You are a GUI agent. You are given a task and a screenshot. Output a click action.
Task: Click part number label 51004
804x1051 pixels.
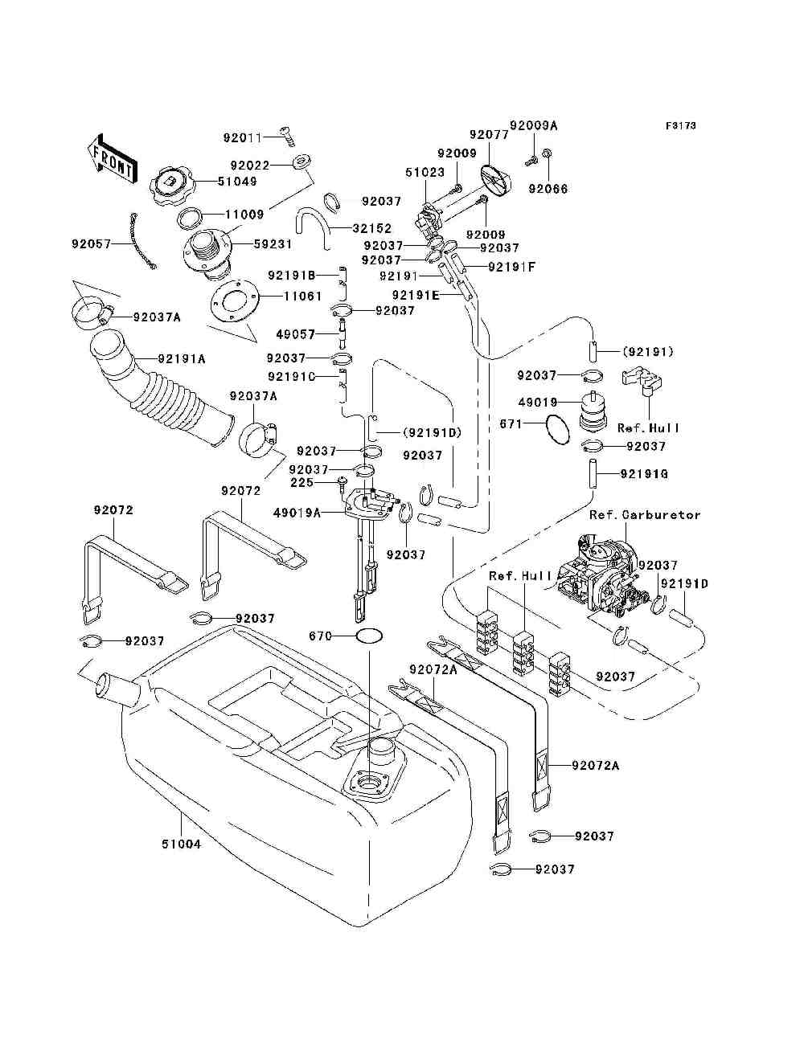pyautogui.click(x=181, y=844)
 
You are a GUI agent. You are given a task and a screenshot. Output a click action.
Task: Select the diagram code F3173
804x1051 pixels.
pyautogui.click(x=680, y=126)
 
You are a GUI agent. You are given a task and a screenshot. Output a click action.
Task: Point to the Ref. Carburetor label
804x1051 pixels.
pyautogui.click(x=645, y=515)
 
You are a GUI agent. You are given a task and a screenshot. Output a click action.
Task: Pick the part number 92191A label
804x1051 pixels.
pyautogui.click(x=181, y=359)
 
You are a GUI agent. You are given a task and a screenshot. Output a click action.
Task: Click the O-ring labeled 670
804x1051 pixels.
pyautogui.click(x=368, y=636)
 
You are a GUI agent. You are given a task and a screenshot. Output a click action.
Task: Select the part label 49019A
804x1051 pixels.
pyautogui.click(x=297, y=512)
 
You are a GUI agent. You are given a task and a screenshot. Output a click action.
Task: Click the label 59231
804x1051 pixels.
pyautogui.click(x=273, y=243)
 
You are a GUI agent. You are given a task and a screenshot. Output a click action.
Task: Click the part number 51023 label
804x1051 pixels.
pyautogui.click(x=425, y=172)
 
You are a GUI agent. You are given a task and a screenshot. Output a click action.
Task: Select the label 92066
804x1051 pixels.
pyautogui.click(x=548, y=189)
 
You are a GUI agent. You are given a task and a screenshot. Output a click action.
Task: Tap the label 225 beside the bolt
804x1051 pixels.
pyautogui.click(x=301, y=483)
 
